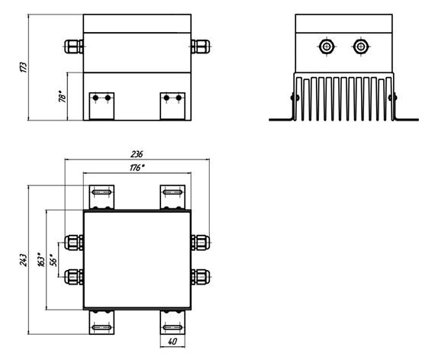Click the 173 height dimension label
24,67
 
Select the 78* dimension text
63,96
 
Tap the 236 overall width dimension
137,154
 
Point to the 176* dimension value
137,168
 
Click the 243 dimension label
24,260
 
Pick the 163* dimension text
41,259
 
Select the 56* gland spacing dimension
53,260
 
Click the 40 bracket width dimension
172,342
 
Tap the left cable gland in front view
74,47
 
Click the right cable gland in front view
200,47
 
